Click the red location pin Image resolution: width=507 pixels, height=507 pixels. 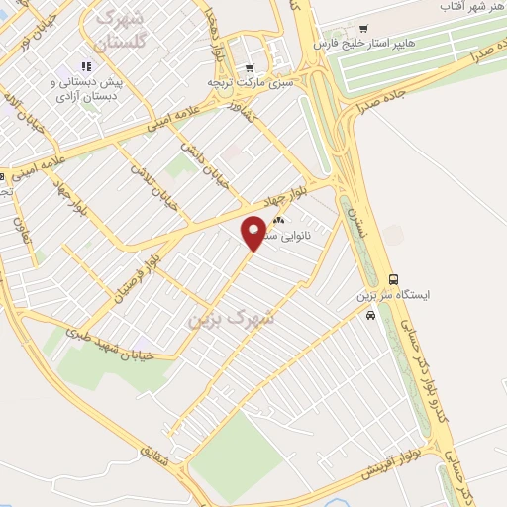pyautogui.click(x=254, y=232)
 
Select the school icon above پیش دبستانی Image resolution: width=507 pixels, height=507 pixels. pyautogui.click(x=85, y=66)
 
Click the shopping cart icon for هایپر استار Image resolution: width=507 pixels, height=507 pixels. pyautogui.click(x=365, y=28)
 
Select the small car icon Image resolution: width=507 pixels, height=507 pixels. pyautogui.click(x=369, y=316)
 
